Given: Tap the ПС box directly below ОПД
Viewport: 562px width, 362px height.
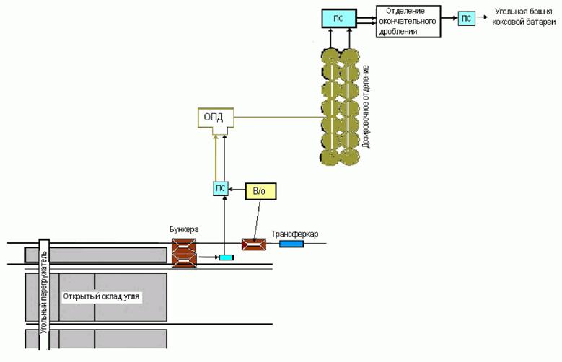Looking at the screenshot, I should [221, 188].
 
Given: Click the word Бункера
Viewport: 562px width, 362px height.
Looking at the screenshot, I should [185, 229].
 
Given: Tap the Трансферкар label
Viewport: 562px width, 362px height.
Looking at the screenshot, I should [294, 234].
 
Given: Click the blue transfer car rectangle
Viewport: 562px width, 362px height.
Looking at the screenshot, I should [291, 244].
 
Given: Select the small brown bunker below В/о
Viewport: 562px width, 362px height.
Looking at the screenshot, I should [254, 245].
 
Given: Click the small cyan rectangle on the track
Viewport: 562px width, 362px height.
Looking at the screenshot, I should [227, 257].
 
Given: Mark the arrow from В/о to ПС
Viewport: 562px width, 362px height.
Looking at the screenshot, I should [238, 187].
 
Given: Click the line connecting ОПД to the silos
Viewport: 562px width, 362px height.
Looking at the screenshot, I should [281, 118].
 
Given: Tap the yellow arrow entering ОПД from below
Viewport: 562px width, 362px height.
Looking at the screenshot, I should [214, 159].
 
